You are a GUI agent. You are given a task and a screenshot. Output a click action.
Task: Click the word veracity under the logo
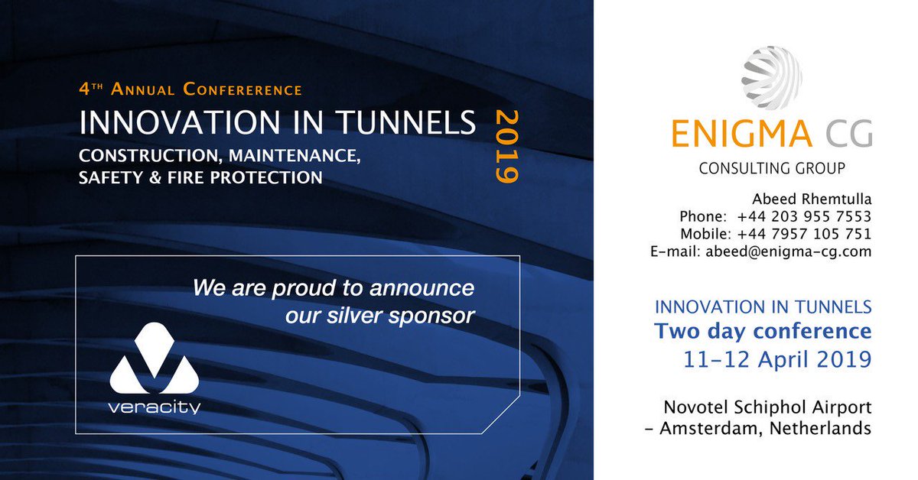pos(155,407)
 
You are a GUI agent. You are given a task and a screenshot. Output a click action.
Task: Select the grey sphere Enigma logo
pos(771,79)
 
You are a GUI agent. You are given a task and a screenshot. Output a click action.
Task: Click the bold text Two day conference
pos(763,332)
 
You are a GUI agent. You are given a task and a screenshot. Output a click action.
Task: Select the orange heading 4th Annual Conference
pos(190,89)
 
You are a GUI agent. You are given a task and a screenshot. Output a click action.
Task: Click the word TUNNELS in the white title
pos(403,123)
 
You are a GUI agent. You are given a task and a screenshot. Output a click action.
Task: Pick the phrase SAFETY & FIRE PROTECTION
pos(200,178)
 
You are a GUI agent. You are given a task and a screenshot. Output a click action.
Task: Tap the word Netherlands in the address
pos(827,428)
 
